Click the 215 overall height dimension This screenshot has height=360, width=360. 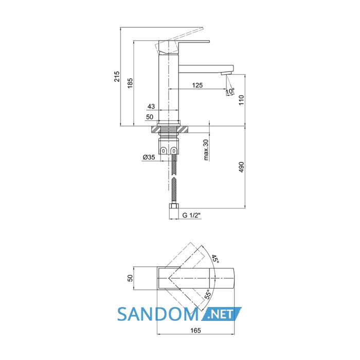(117, 77)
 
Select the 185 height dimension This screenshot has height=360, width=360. (130, 83)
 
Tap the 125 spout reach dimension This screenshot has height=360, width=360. (197, 85)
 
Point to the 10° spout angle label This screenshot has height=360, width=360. (230, 91)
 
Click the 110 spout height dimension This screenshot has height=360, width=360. (241, 100)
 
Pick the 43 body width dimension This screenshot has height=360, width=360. (151, 106)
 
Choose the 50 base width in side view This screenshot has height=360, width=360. (150, 117)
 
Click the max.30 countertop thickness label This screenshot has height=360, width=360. (206, 150)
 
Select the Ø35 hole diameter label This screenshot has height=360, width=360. (149, 157)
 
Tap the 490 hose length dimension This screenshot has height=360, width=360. (241, 167)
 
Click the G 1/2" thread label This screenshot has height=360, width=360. (191, 215)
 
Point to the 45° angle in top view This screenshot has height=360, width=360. (215, 259)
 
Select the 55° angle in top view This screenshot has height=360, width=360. (208, 294)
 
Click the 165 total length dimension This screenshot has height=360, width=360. (195, 330)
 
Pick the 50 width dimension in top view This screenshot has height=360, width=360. (130, 278)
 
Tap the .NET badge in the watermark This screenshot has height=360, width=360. (221, 314)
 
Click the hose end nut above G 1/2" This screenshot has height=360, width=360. (174, 206)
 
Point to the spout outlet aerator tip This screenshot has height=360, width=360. (226, 74)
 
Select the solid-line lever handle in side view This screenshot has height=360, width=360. (184, 47)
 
